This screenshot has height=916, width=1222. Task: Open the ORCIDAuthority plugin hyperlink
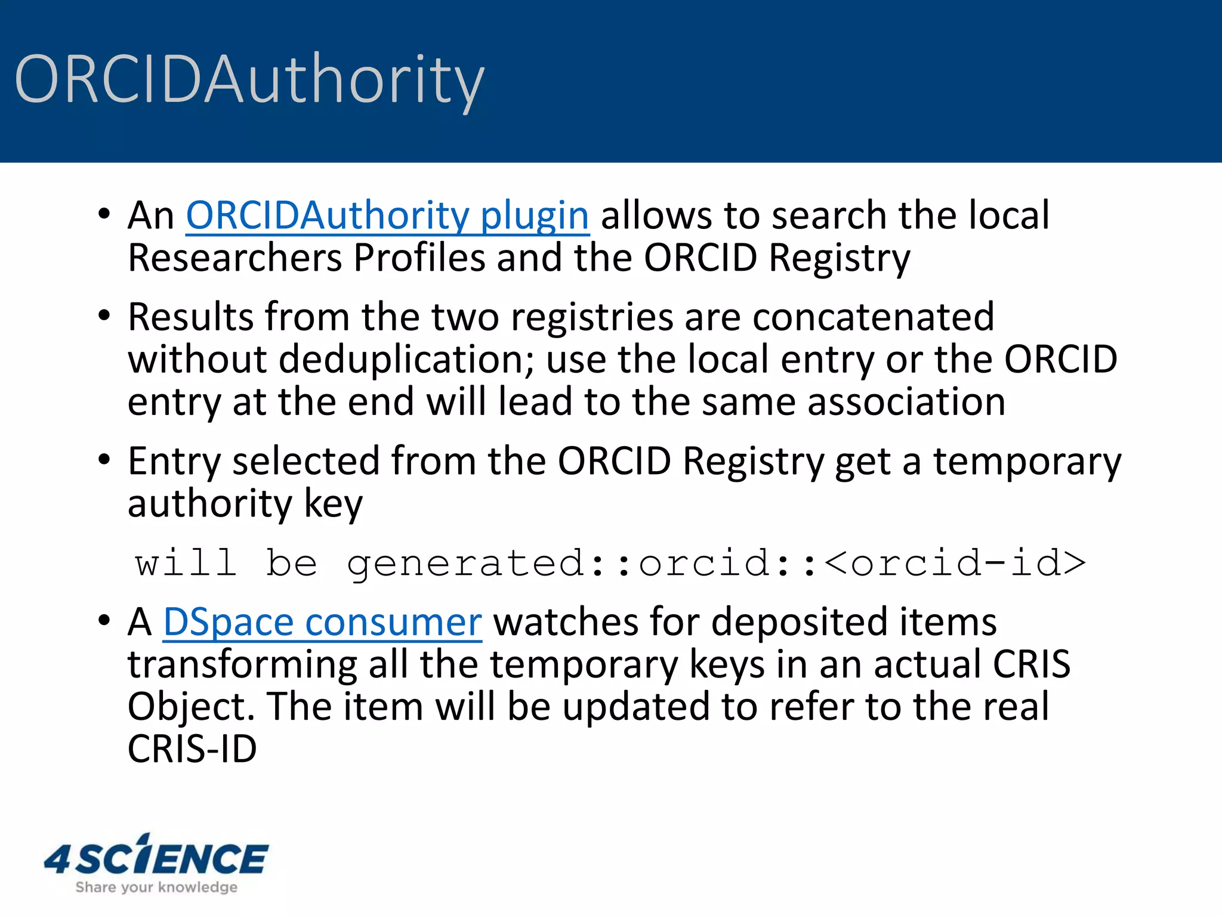coord(387,215)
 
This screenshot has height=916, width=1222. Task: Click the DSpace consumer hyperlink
coord(322,622)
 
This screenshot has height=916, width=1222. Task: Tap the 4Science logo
coord(156,858)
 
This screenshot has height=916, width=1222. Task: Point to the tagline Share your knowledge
coord(156,887)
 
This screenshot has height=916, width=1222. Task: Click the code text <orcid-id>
coord(955,563)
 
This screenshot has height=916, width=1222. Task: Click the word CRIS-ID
coord(192,749)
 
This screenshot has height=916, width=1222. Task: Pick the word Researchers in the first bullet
coord(234,259)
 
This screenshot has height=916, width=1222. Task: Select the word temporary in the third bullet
coord(1027,462)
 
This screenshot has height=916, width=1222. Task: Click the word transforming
coord(242,665)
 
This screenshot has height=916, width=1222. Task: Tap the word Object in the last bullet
coord(191,707)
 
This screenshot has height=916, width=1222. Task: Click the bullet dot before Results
coord(104,315)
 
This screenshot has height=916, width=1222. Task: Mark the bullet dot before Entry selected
coord(104,460)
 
